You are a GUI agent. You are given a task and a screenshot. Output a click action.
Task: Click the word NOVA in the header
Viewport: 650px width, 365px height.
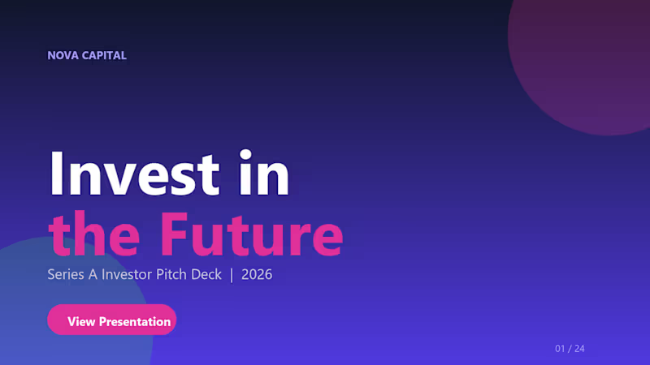click(62, 56)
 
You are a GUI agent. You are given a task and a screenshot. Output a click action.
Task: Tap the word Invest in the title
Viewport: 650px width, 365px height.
click(134, 174)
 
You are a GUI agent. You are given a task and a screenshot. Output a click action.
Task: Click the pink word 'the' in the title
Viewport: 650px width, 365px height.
click(96, 233)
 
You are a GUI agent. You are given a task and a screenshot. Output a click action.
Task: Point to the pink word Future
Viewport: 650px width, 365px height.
click(250, 233)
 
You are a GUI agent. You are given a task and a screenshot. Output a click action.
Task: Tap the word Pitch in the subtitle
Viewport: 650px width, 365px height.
click(171, 275)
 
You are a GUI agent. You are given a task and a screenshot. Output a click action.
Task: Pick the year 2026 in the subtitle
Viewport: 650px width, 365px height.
click(257, 275)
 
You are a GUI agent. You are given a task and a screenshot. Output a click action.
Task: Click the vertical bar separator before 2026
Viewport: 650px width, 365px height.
click(232, 275)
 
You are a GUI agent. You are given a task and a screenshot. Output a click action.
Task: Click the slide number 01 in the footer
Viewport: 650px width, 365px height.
click(561, 349)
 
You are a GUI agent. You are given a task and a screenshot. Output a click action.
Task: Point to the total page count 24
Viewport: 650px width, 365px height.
click(579, 349)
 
